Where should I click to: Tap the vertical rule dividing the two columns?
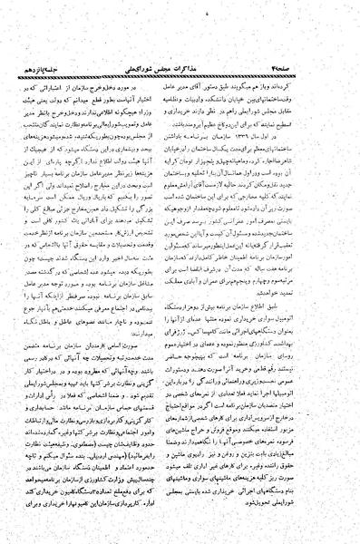point(180,272)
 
